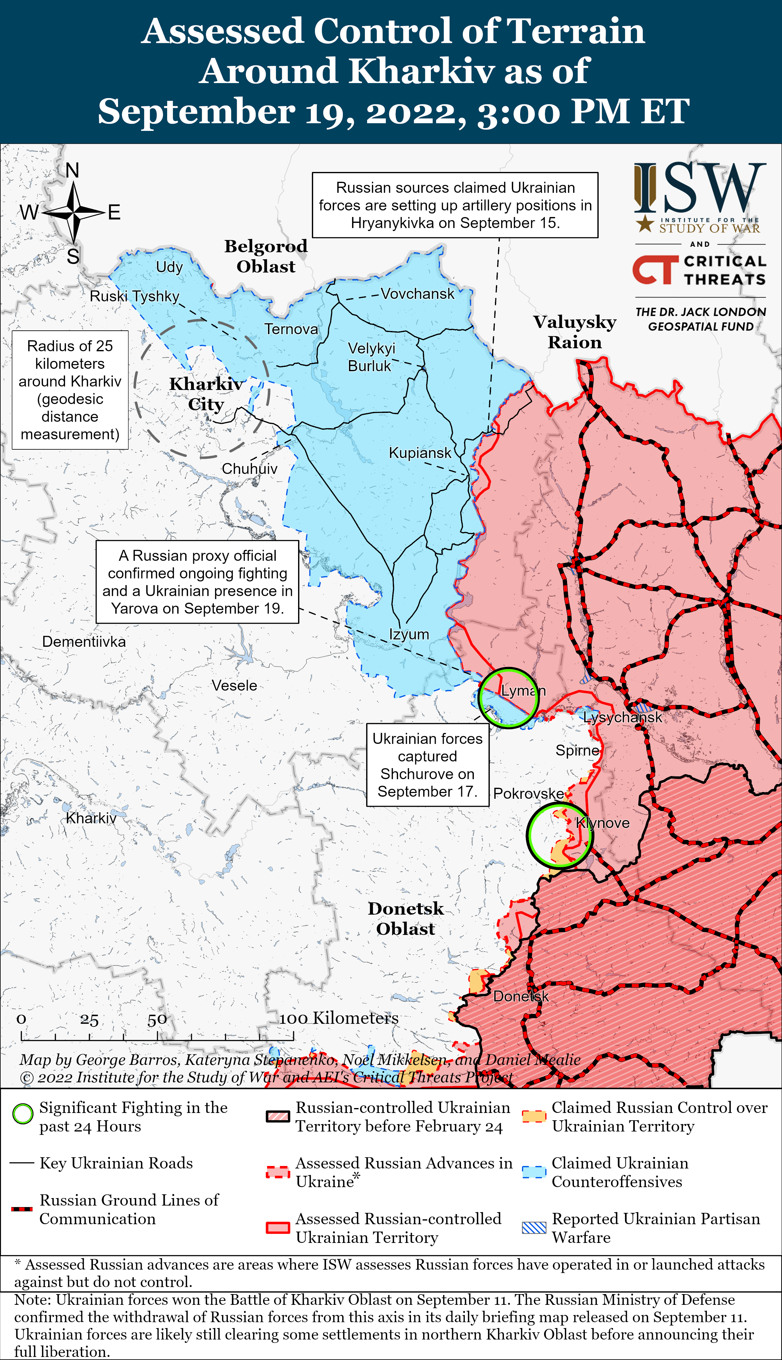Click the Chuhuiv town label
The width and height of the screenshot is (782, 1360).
(249, 469)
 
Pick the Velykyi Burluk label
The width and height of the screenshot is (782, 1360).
(370, 357)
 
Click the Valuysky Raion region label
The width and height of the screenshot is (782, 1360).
(575, 332)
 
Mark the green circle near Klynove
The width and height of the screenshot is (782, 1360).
(560, 835)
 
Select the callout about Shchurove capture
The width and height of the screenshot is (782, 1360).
(427, 765)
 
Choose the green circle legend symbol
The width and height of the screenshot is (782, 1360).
(23, 1114)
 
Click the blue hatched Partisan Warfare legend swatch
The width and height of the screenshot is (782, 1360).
(534, 1228)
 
